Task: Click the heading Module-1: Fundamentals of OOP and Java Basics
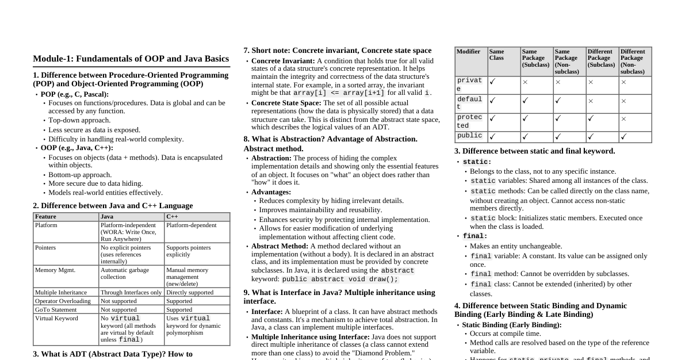pyautogui.click(x=131, y=59)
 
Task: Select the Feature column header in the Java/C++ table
pyautogui.click(x=45, y=217)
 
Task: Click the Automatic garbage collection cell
pyautogui.click(x=125, y=273)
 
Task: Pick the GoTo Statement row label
pyautogui.click(x=56, y=309)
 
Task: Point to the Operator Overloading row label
pyautogui.click(x=63, y=301)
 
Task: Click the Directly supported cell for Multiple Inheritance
pyautogui.click(x=190, y=292)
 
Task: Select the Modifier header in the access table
pyautogui.click(x=468, y=52)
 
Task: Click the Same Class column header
pyautogui.click(x=496, y=55)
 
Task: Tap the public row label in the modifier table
pyautogui.click(x=470, y=136)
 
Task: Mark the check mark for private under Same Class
pyautogui.click(x=492, y=82)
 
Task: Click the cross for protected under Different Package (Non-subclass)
pyautogui.click(x=623, y=119)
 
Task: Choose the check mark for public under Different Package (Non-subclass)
pyautogui.click(x=623, y=137)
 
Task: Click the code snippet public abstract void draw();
pyautogui.click(x=340, y=279)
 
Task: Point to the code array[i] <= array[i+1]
pyautogui.click(x=339, y=93)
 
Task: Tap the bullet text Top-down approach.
pyautogui.click(x=79, y=120)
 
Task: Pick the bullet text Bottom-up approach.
pyautogui.click(x=80, y=175)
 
